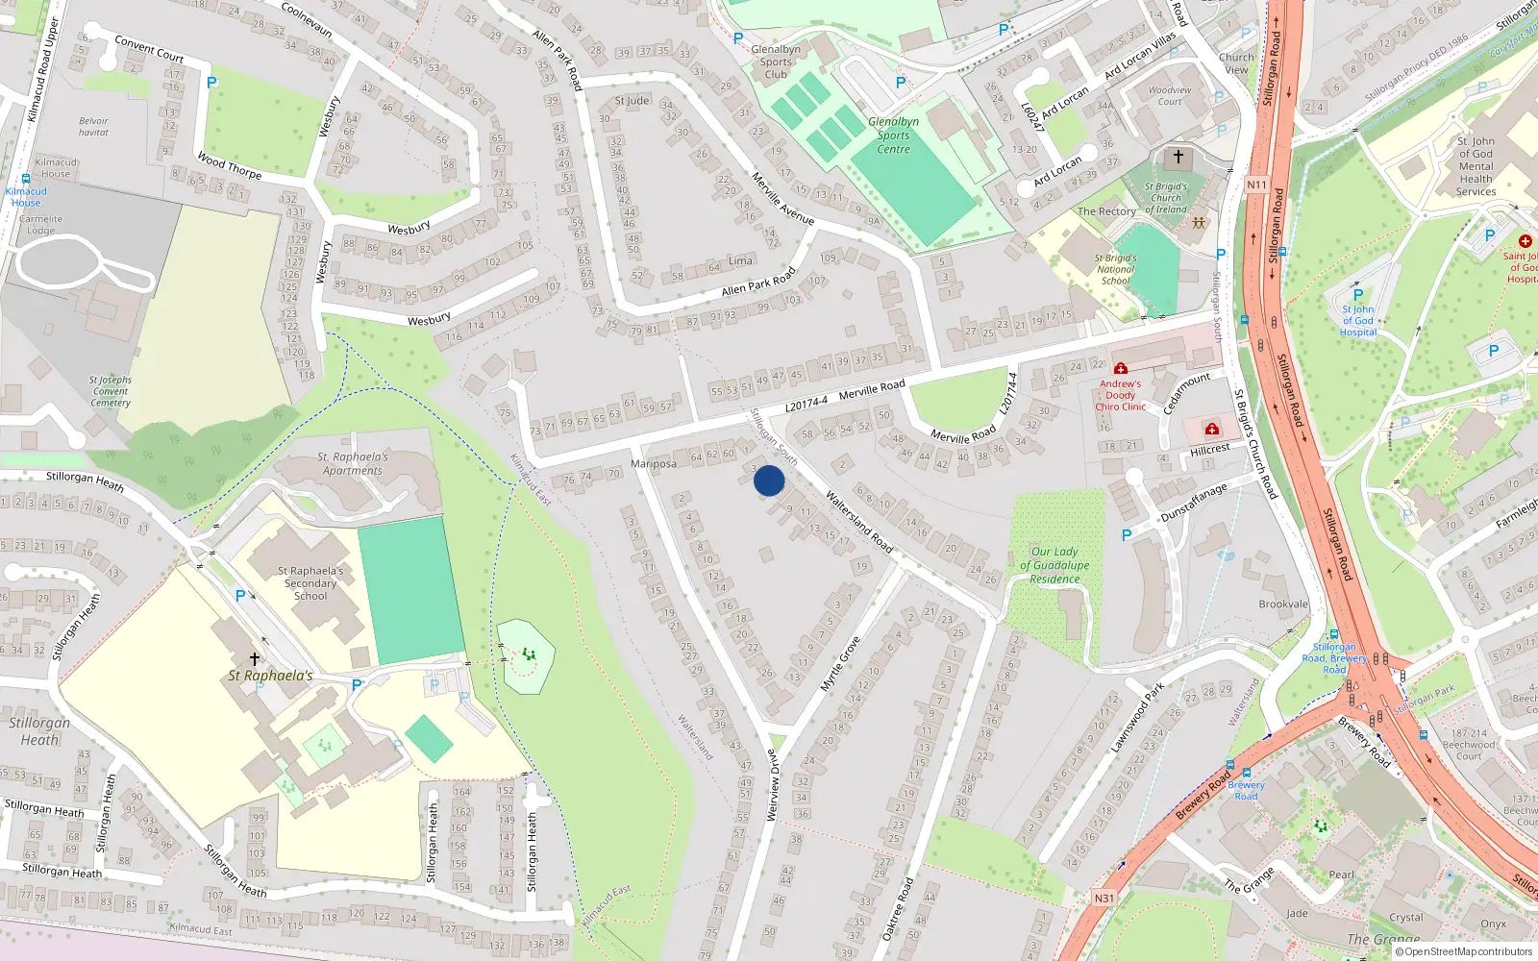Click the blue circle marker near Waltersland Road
(x=769, y=480)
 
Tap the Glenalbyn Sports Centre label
(x=893, y=136)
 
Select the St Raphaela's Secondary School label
(x=310, y=583)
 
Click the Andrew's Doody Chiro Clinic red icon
(x=1120, y=368)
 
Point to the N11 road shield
(x=1256, y=185)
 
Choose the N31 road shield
(x=1104, y=899)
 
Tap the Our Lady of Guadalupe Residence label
(x=1054, y=565)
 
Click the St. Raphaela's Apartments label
(x=353, y=463)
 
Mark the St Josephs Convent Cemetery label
(x=111, y=391)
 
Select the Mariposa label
(x=654, y=464)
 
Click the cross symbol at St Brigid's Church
(x=1178, y=156)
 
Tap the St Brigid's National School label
(x=1115, y=269)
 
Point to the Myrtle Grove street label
(x=840, y=664)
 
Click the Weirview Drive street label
(x=773, y=785)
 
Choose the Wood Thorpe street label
(x=229, y=165)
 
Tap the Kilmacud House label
(x=56, y=168)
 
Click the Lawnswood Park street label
(x=1137, y=718)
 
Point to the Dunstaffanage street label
(x=1194, y=503)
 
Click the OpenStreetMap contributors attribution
(x=1468, y=951)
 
